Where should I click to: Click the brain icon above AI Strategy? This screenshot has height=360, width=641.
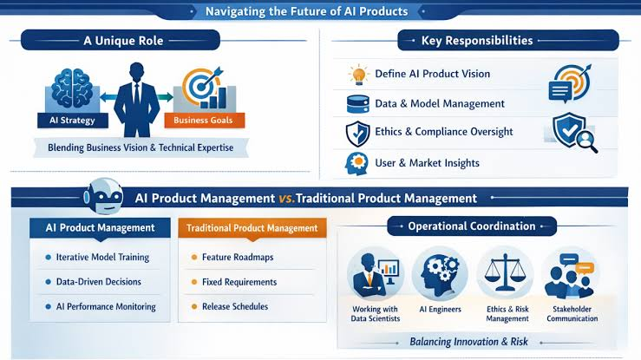click(x=72, y=88)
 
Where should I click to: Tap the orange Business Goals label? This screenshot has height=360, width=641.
click(x=205, y=121)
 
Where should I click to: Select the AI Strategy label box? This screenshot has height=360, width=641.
click(x=73, y=121)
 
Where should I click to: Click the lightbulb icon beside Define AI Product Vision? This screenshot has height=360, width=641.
click(x=358, y=75)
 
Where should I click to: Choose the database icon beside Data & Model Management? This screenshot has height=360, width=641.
click(x=357, y=104)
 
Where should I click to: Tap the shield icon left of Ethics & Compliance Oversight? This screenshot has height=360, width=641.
click(x=357, y=134)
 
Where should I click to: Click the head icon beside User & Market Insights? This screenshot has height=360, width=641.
click(x=356, y=163)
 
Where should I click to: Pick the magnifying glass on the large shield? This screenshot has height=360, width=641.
click(x=586, y=141)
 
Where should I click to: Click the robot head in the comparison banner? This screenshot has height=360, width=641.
click(x=103, y=196)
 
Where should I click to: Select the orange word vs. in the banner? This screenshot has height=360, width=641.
click(x=286, y=199)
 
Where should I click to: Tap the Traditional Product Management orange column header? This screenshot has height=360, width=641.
click(x=252, y=228)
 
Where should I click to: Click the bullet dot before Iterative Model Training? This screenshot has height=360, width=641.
click(x=49, y=258)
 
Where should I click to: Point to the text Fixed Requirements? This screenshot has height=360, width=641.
click(x=239, y=282)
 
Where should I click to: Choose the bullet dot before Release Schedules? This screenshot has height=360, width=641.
click(x=194, y=306)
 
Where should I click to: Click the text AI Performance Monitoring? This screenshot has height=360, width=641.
click(x=106, y=306)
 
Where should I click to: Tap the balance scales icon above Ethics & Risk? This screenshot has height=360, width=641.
click(x=506, y=272)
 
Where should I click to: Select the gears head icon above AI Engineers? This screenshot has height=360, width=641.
click(x=440, y=273)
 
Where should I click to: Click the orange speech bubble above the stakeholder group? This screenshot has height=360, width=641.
click(x=585, y=268)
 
